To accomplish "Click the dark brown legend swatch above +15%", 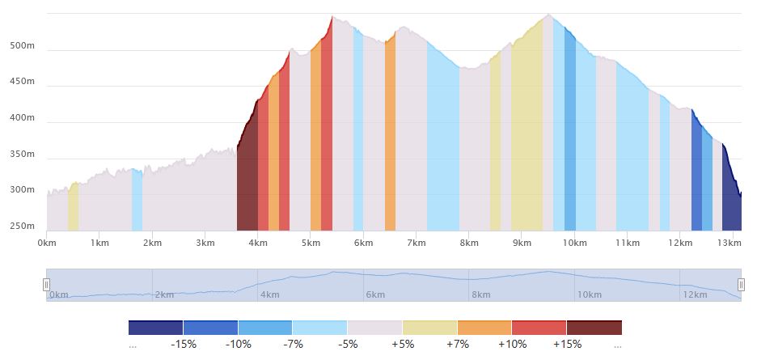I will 594,328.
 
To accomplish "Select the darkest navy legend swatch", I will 155,328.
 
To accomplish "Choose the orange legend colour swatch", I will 484,328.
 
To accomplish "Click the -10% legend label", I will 239,345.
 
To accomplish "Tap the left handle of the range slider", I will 47,285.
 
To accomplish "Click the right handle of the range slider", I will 741,285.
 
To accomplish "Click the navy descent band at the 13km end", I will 731,202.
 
